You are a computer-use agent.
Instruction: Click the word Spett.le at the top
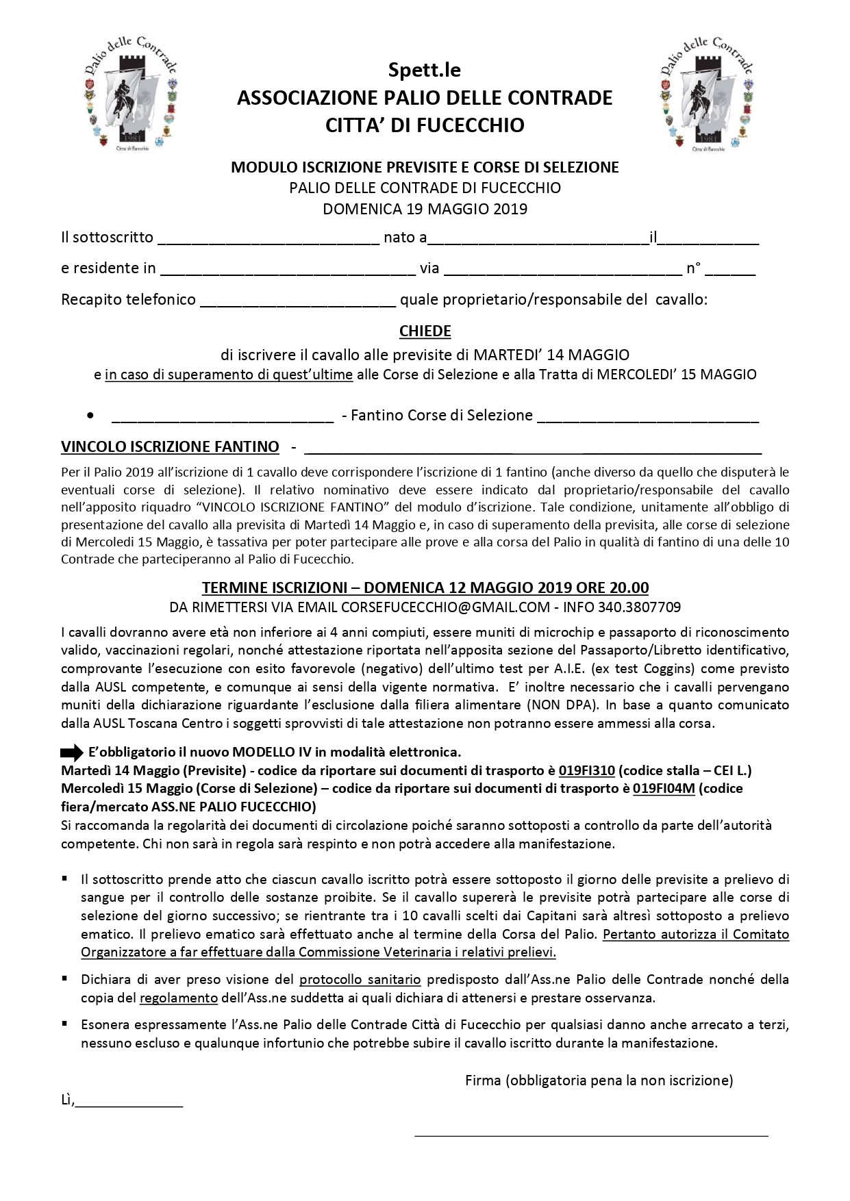[x=425, y=70]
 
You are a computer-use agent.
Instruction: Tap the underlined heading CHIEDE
[x=425, y=331]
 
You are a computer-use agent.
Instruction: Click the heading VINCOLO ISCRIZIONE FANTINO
[x=170, y=447]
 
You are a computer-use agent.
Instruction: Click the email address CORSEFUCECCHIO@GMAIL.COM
[x=445, y=607]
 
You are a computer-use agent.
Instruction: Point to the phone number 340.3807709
[x=639, y=607]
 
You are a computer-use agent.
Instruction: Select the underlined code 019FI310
[x=586, y=770]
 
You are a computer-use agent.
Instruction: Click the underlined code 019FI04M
[x=664, y=788]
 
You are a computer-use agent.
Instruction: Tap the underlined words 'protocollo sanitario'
[x=360, y=980]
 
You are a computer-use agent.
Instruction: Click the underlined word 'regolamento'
[x=178, y=998]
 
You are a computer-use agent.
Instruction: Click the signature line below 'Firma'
[x=591, y=1135]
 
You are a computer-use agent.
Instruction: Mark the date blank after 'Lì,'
[x=129, y=1102]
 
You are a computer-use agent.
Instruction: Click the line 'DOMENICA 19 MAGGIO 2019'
[x=425, y=209]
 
